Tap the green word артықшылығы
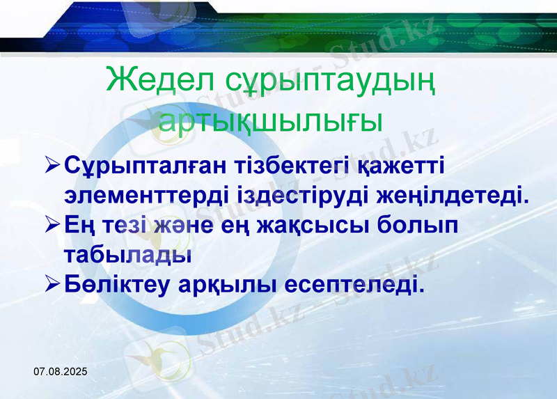(271, 120)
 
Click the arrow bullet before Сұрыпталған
(52, 166)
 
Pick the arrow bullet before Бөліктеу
(52, 284)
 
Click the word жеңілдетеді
(453, 196)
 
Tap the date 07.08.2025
(61, 373)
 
